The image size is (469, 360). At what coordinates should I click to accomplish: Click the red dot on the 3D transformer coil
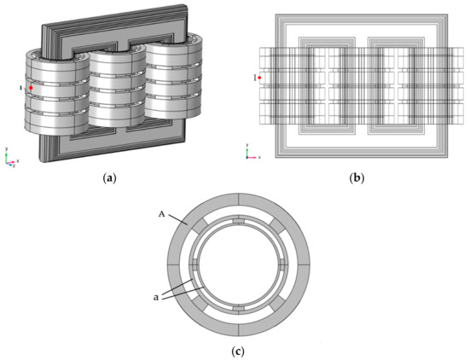coord(32,88)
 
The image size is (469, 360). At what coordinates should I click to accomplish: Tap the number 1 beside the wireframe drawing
coord(254,78)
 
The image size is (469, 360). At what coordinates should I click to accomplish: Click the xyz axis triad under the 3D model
coord(10,158)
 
